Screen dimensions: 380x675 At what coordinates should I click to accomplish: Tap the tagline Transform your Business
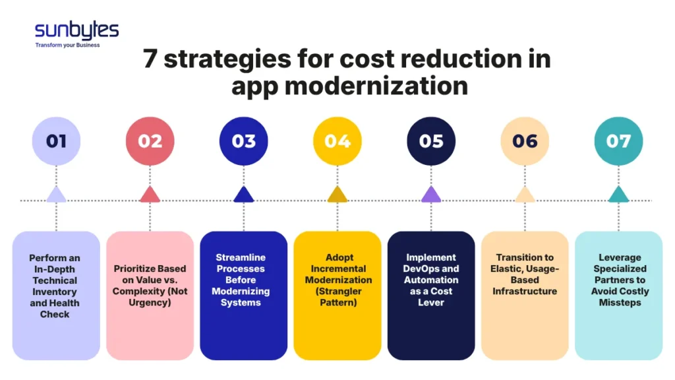(67, 46)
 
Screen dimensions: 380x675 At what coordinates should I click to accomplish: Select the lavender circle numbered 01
(56, 141)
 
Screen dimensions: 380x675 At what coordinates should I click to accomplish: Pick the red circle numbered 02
(150, 141)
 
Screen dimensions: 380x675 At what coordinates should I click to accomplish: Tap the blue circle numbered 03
(244, 141)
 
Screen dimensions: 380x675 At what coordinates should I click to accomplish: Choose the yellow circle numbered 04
(337, 141)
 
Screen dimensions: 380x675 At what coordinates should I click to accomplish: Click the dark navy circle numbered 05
(431, 141)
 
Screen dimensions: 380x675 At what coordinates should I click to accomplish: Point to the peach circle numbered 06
(525, 141)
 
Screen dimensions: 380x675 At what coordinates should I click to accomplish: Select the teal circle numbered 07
(618, 141)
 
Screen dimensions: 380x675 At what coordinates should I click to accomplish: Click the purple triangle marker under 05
(431, 195)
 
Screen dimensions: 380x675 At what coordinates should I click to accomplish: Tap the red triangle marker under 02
(150, 195)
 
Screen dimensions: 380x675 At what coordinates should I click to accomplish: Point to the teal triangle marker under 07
(618, 195)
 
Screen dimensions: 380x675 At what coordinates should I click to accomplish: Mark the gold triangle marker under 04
(337, 195)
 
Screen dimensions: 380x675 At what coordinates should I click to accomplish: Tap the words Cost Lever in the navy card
(431, 297)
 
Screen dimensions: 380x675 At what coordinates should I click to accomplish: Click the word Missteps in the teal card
(618, 303)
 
